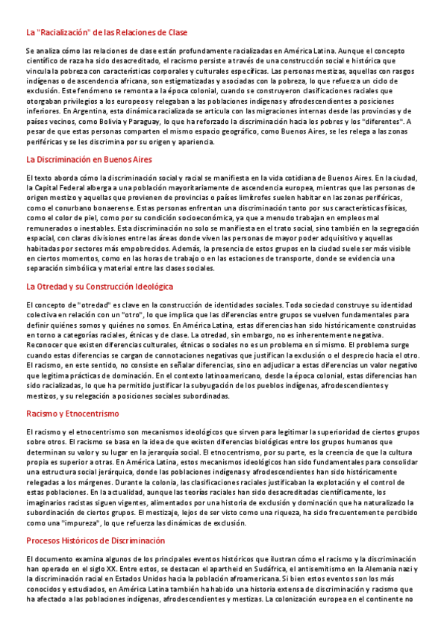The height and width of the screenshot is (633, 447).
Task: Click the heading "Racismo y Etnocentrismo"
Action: point(72,413)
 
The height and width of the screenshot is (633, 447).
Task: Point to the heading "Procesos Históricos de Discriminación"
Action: point(95,540)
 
